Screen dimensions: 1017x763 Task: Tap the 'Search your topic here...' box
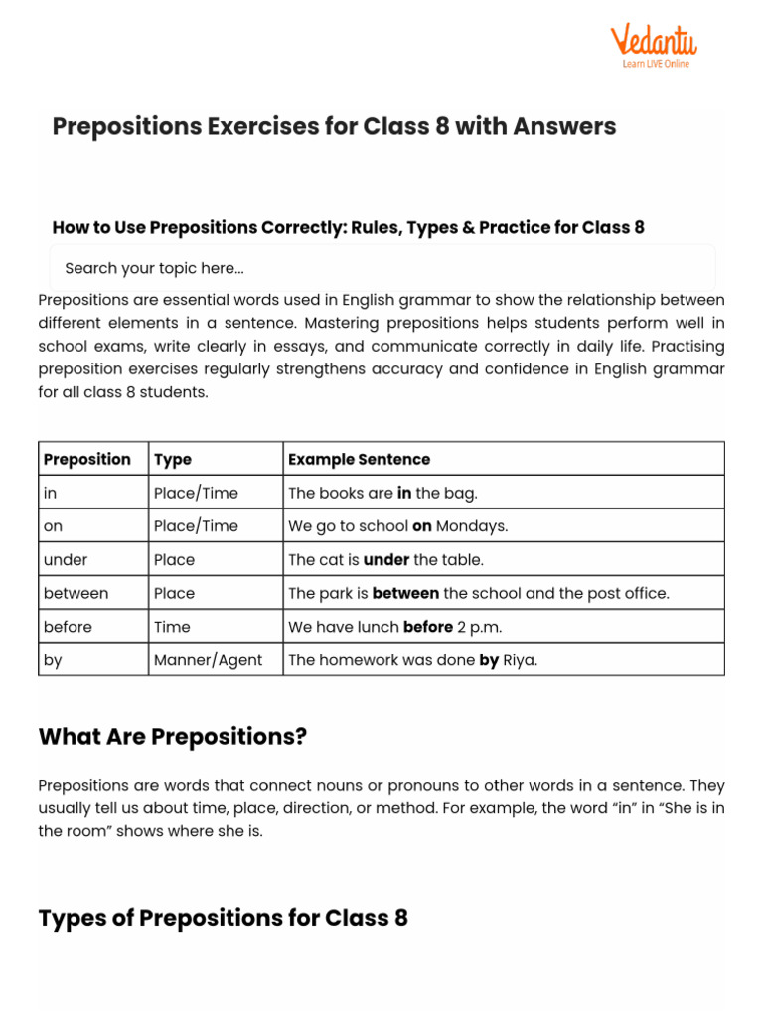(x=382, y=268)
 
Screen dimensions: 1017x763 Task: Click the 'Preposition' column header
(x=87, y=459)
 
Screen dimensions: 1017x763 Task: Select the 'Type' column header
(x=173, y=459)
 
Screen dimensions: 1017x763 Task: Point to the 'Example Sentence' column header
(x=359, y=459)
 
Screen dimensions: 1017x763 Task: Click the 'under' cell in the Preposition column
(x=65, y=559)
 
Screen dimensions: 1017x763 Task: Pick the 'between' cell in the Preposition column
(x=76, y=593)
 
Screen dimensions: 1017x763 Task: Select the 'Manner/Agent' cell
(x=208, y=660)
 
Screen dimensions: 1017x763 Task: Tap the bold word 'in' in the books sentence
(x=404, y=493)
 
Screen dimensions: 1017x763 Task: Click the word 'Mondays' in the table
(x=472, y=526)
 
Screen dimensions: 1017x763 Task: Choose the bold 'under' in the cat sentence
(x=386, y=559)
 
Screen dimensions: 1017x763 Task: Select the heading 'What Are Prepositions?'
(x=173, y=737)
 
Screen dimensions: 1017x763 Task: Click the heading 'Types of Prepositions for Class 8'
(x=223, y=917)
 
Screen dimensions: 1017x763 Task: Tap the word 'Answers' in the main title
(x=563, y=126)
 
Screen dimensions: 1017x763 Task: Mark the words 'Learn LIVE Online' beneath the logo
(x=656, y=64)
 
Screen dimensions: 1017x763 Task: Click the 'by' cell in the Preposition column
(x=53, y=660)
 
